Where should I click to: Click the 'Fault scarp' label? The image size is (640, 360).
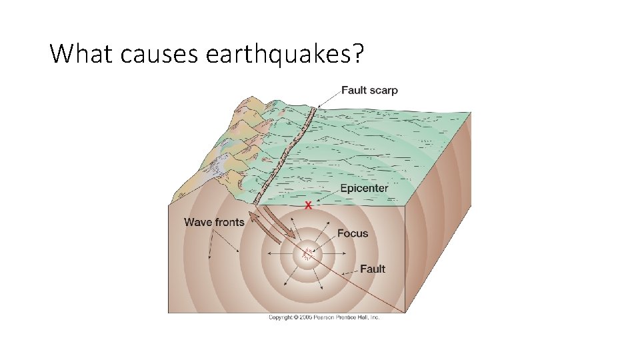tap(369, 91)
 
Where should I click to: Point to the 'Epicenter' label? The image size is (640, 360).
tap(364, 188)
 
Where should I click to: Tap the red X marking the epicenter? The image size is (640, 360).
tap(308, 205)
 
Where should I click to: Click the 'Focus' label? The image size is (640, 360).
tap(353, 233)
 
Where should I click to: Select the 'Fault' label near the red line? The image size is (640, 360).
tap(373, 269)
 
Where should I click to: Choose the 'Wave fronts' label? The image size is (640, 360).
tap(214, 222)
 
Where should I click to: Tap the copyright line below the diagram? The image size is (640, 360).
tap(324, 317)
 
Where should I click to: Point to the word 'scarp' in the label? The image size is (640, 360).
tap(385, 91)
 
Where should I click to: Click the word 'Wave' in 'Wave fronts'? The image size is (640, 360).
tap(198, 222)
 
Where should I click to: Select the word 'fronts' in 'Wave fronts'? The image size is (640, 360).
tap(229, 222)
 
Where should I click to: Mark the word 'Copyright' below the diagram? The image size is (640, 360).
tap(280, 317)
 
